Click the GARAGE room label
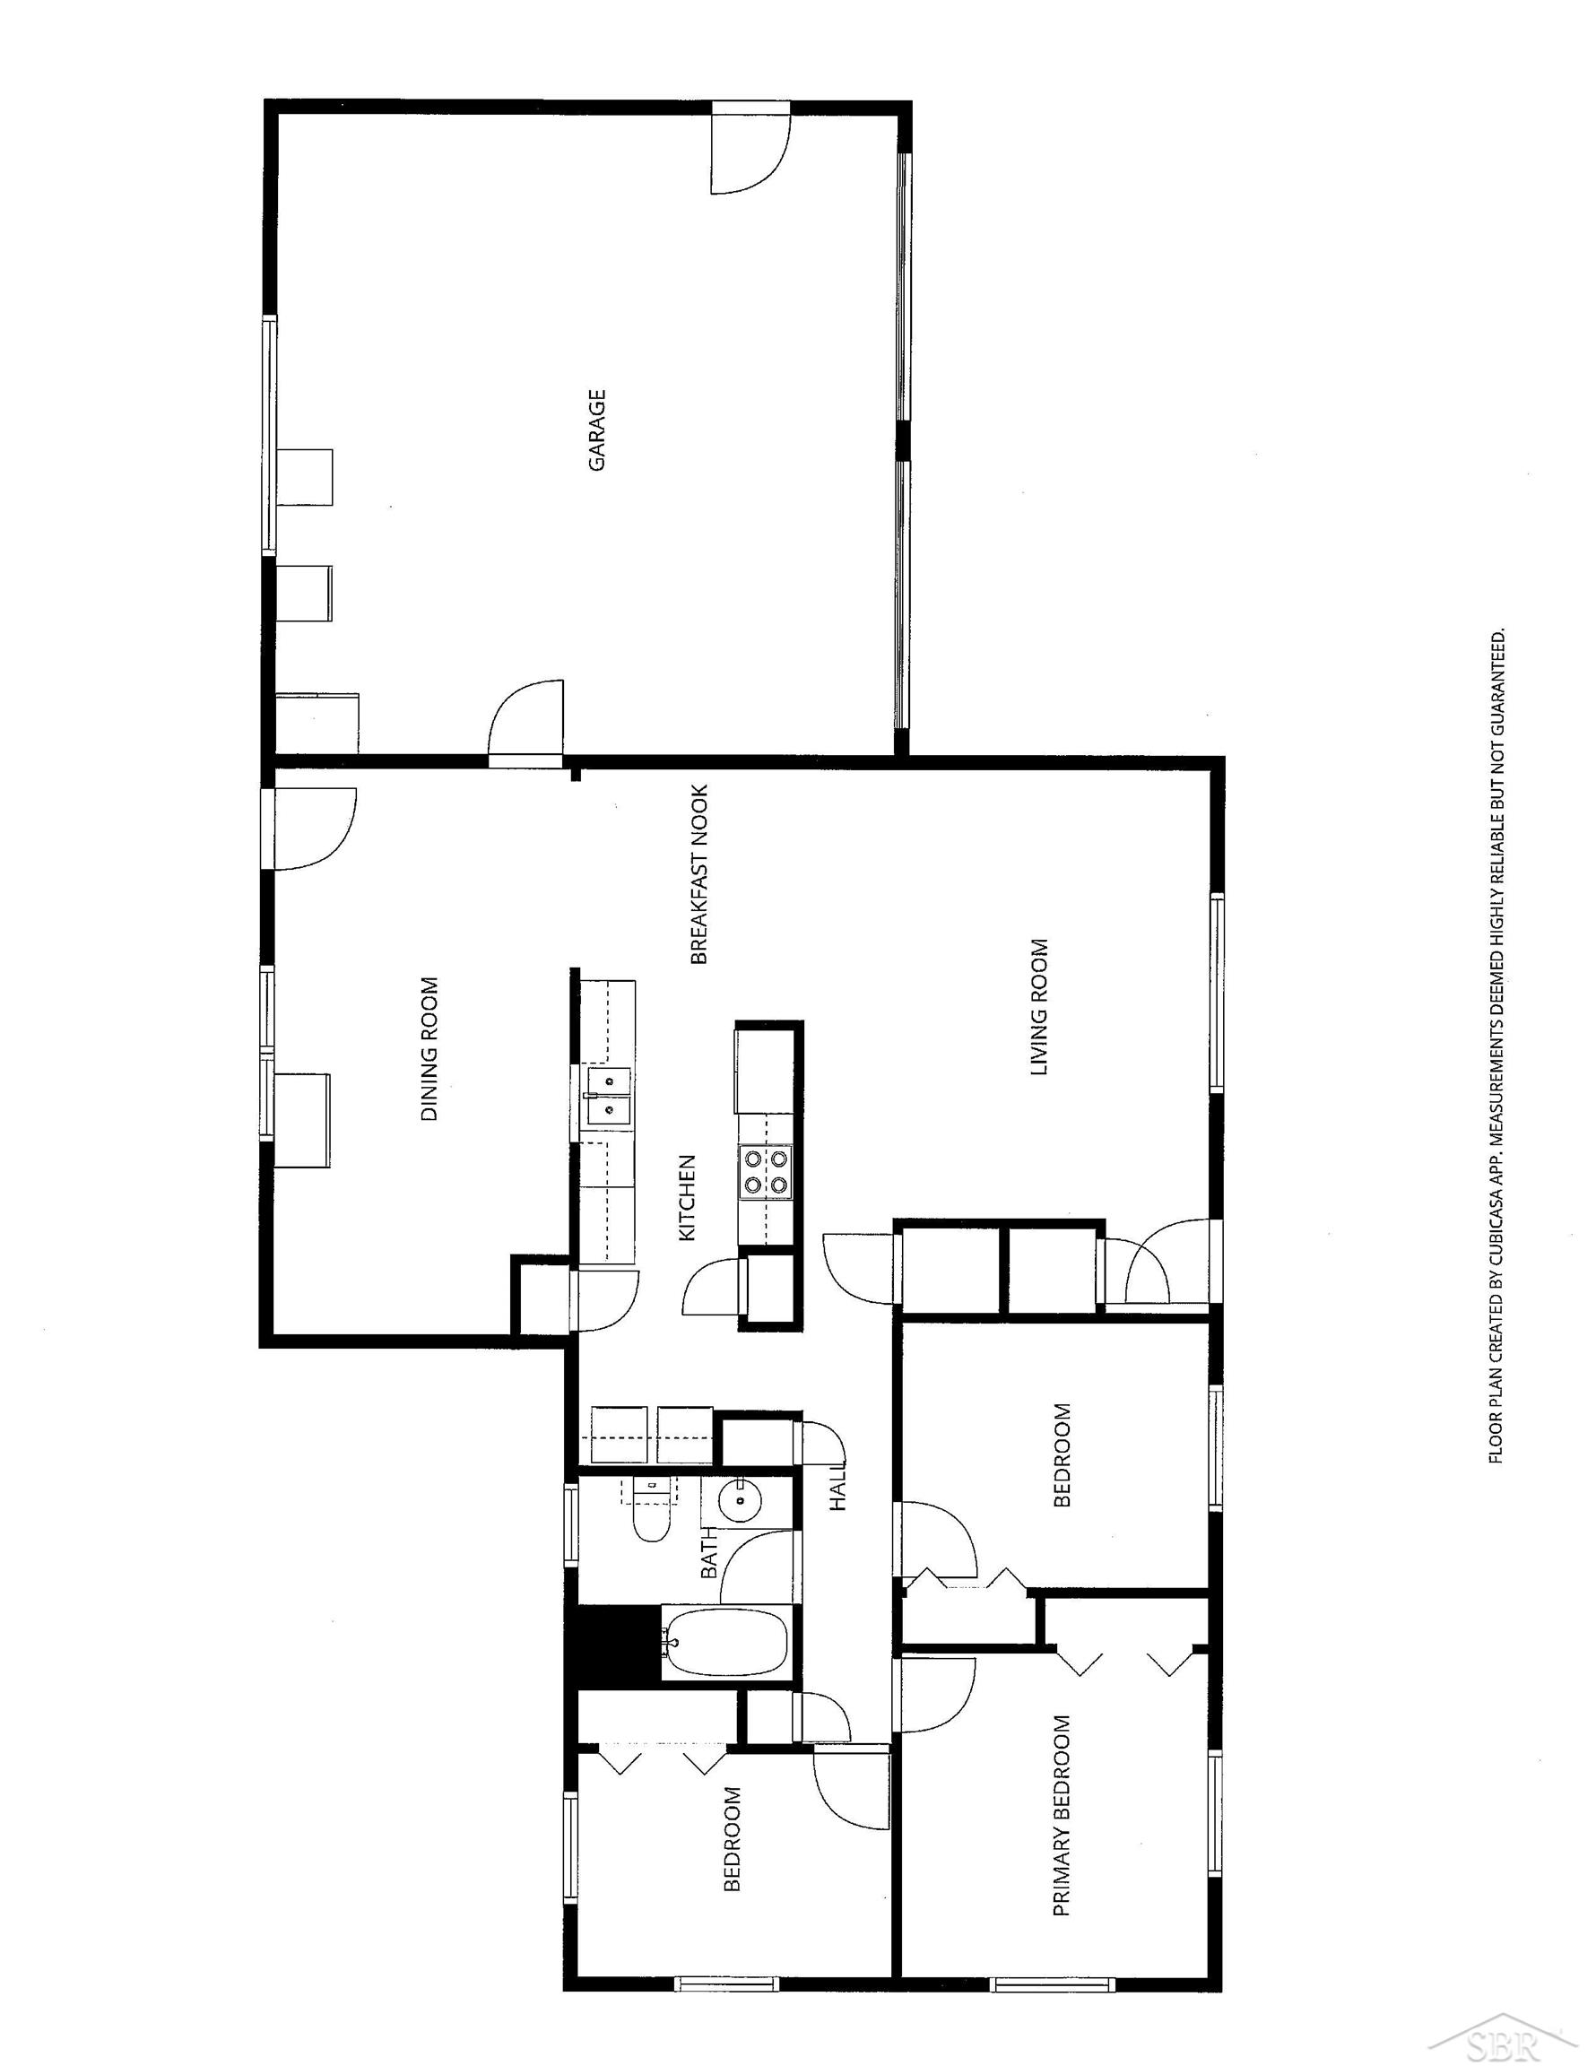(596, 430)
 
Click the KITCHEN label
(688, 1198)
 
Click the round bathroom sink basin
(737, 1500)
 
